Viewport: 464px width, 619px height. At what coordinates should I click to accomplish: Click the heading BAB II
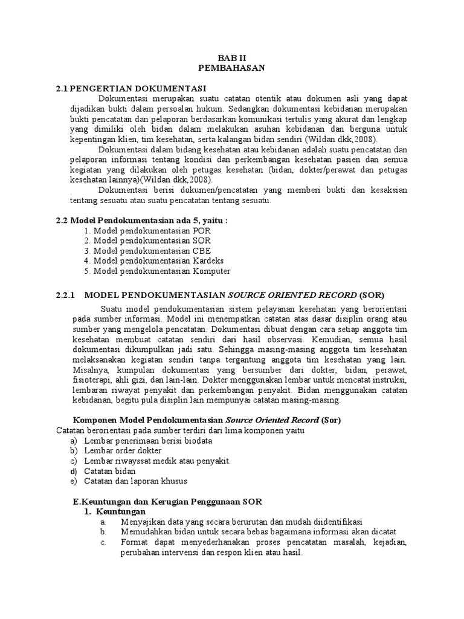(x=231, y=58)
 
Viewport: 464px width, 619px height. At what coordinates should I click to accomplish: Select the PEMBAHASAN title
(x=231, y=68)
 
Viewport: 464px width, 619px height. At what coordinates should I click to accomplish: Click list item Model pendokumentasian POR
(x=148, y=231)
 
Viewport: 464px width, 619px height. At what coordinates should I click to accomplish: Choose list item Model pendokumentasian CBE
(x=148, y=251)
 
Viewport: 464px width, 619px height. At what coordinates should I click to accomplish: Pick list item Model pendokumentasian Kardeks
(x=154, y=261)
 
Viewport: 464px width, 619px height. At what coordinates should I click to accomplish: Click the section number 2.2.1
(x=64, y=295)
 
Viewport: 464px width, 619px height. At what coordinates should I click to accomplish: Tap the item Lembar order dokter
(x=123, y=450)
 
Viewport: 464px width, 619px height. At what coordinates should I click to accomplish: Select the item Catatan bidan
(x=110, y=471)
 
